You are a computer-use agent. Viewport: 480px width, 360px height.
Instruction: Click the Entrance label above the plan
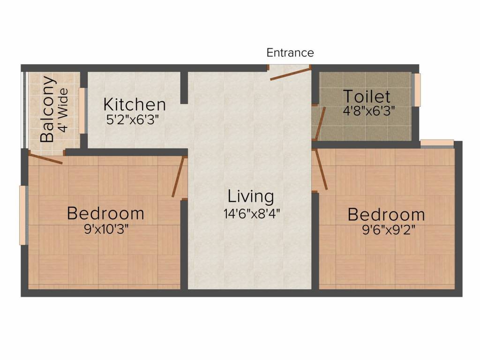(x=290, y=52)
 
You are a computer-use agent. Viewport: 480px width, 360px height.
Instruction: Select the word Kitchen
(x=134, y=104)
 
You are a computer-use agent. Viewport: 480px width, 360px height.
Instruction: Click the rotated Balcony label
(x=48, y=109)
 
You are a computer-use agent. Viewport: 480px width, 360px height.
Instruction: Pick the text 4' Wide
(x=63, y=110)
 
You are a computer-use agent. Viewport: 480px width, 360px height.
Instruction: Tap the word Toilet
(x=367, y=96)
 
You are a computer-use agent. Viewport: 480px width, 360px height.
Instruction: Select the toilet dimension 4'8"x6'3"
(x=368, y=111)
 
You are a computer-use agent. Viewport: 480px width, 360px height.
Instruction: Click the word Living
(x=251, y=196)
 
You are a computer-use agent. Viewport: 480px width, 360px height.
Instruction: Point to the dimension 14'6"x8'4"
(x=252, y=214)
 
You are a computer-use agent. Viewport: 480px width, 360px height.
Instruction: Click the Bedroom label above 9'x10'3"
(x=105, y=213)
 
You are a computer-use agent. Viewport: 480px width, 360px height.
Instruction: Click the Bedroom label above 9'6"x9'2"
(x=386, y=215)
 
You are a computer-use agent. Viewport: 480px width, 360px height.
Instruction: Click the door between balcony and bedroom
(x=45, y=158)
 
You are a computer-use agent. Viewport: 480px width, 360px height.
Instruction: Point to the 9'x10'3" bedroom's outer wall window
(x=22, y=215)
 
